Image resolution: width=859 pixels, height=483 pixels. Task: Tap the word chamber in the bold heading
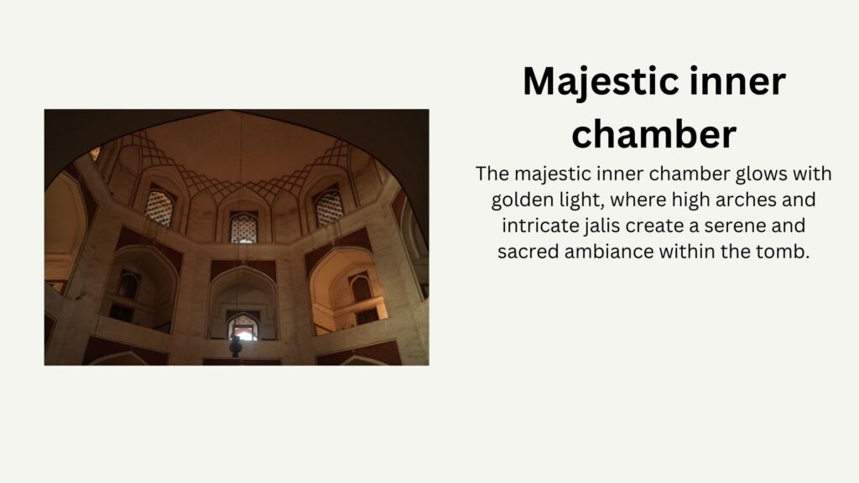653,134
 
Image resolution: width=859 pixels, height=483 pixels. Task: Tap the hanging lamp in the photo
236,346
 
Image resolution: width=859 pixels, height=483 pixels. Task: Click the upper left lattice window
159,208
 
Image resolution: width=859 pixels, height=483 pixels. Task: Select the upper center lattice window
243,228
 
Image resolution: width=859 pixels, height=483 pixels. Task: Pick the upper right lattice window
329,208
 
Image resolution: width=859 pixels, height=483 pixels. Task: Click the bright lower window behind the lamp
242,328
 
